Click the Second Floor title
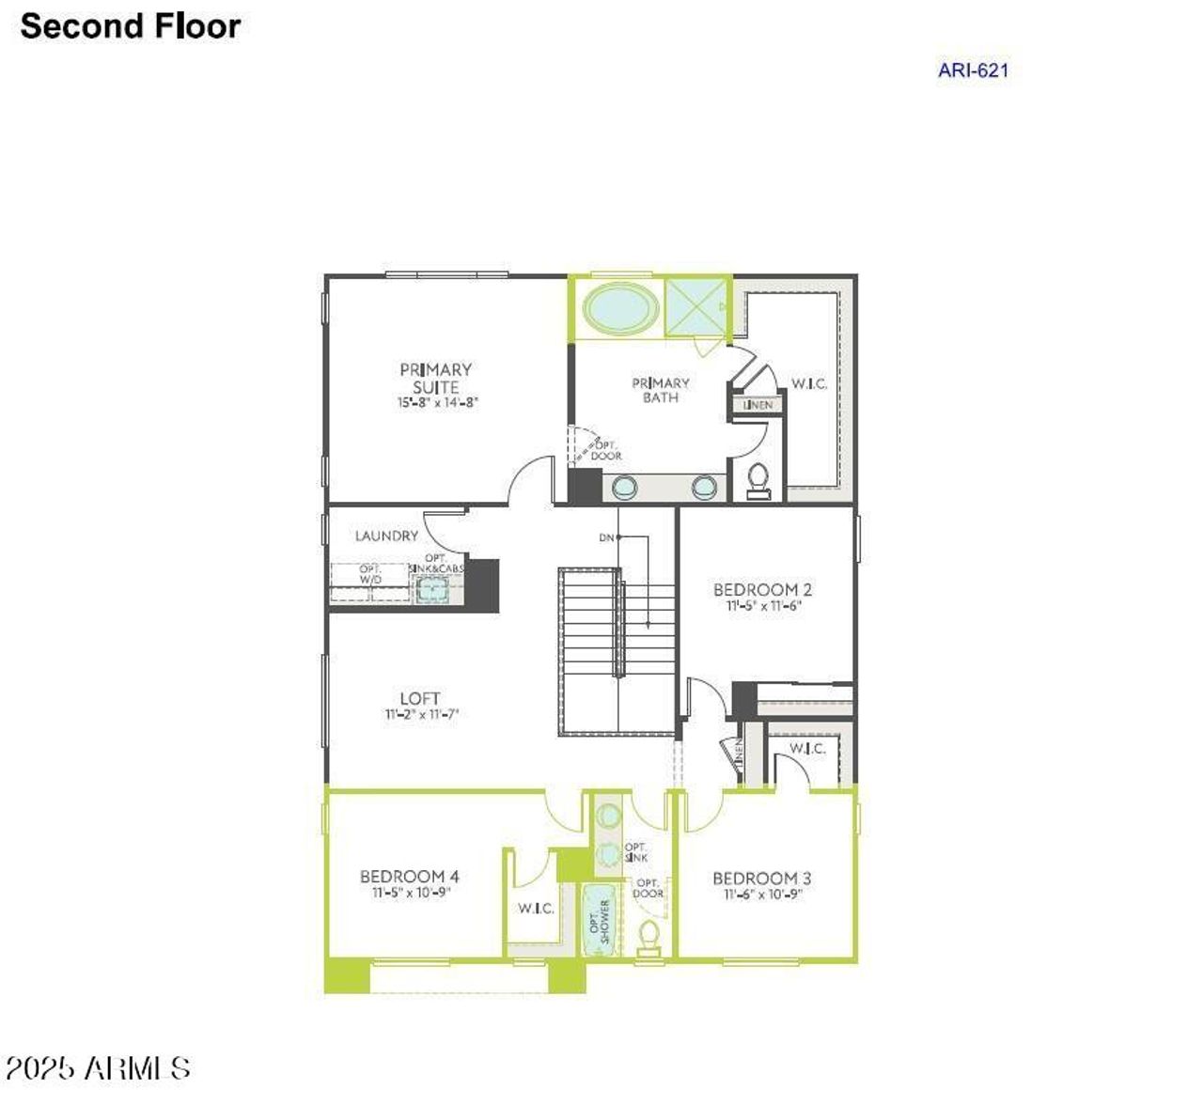click(131, 26)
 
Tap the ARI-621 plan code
click(973, 70)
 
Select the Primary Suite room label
click(436, 378)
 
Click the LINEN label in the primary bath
click(758, 405)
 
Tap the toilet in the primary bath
click(758, 480)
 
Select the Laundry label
click(386, 536)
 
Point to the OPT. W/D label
click(370, 573)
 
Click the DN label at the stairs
click(606, 538)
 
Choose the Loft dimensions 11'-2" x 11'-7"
click(420, 714)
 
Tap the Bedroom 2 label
click(762, 590)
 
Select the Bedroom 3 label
click(761, 879)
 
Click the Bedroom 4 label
click(410, 877)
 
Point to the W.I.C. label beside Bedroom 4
click(536, 909)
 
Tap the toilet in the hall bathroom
click(648, 937)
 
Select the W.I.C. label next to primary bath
click(808, 383)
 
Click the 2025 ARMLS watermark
click(98, 1068)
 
